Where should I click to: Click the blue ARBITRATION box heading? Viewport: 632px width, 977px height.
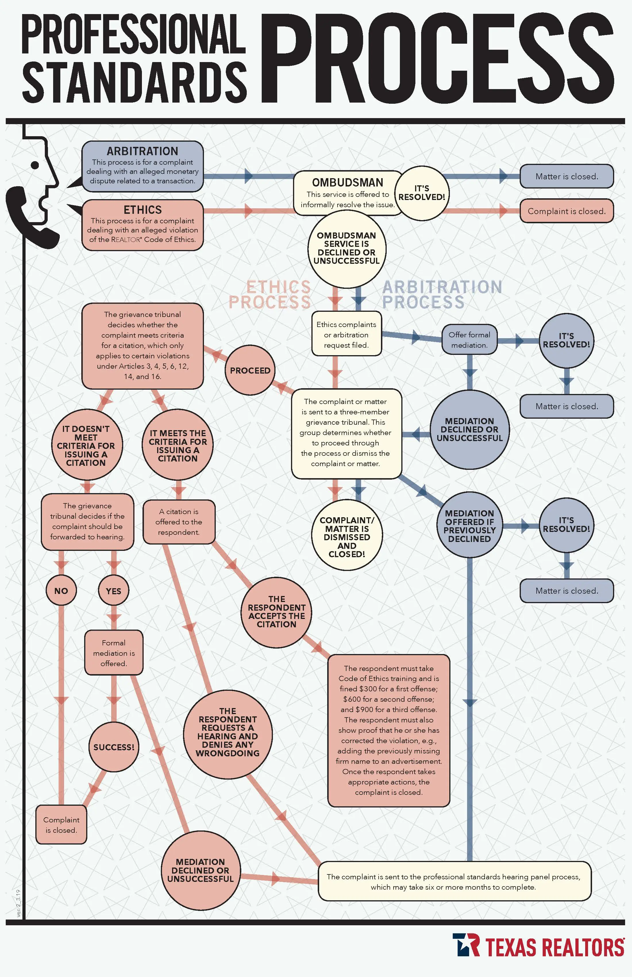click(x=142, y=151)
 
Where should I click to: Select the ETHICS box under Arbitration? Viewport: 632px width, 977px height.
click(x=143, y=225)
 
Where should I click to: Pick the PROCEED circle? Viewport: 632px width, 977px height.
click(x=250, y=370)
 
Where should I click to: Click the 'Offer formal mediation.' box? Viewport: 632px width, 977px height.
click(x=469, y=340)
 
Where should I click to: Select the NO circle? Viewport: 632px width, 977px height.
click(x=61, y=591)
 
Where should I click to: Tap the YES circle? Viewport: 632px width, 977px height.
click(x=114, y=591)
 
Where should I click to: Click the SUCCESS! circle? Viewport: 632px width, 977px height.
click(x=114, y=747)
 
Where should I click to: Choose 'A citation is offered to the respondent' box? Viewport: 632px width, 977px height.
click(x=179, y=522)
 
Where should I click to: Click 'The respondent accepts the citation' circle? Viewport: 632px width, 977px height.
click(x=277, y=612)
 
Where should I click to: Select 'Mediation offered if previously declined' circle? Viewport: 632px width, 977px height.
click(x=469, y=526)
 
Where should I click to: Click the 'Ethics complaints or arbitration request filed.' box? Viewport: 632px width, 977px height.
click(x=346, y=334)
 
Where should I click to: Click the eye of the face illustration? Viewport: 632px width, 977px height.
click(x=35, y=165)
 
